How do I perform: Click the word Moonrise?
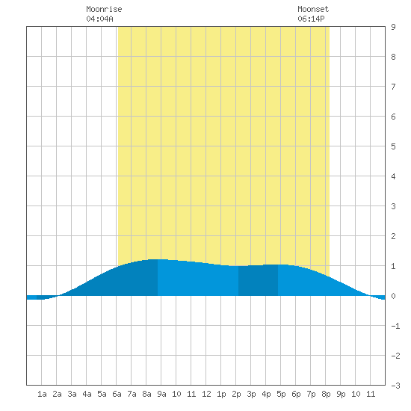pyautogui.click(x=104, y=9)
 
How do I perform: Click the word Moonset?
pyautogui.click(x=313, y=9)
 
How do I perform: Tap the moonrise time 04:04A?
pyautogui.click(x=100, y=19)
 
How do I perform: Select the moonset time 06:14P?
pyautogui.click(x=311, y=19)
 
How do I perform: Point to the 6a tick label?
pyautogui.click(x=117, y=394)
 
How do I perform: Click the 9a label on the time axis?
pyautogui.click(x=161, y=394)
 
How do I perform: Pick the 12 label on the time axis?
pyautogui.click(x=206, y=394)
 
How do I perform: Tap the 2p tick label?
pyautogui.click(x=236, y=394)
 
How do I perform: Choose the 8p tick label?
pyautogui.click(x=326, y=394)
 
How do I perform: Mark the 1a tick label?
pyautogui.click(x=42, y=394)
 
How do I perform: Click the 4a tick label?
pyautogui.click(x=87, y=394)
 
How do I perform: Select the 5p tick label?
pyautogui.click(x=281, y=394)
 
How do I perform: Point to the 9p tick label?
pyautogui.click(x=341, y=394)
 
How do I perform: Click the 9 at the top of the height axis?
pyautogui.click(x=393, y=27)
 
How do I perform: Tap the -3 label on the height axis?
pyautogui.click(x=396, y=386)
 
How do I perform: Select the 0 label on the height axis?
pyautogui.click(x=393, y=296)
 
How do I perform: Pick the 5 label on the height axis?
pyautogui.click(x=393, y=146)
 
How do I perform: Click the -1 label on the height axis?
pyautogui.click(x=396, y=326)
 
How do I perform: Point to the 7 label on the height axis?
pyautogui.click(x=393, y=87)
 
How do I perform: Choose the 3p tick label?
pyautogui.click(x=251, y=394)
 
